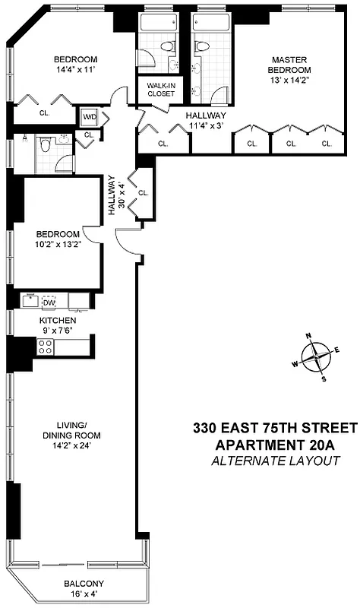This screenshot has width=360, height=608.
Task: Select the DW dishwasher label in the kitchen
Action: coord(49,302)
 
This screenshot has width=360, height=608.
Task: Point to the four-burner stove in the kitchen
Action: coord(46,347)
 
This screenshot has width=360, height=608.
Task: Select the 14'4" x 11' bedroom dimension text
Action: coord(76,73)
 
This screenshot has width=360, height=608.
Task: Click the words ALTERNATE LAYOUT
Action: coord(275,461)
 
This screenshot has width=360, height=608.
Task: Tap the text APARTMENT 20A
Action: coord(275,445)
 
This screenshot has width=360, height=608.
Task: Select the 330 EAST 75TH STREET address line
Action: coord(275,428)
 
